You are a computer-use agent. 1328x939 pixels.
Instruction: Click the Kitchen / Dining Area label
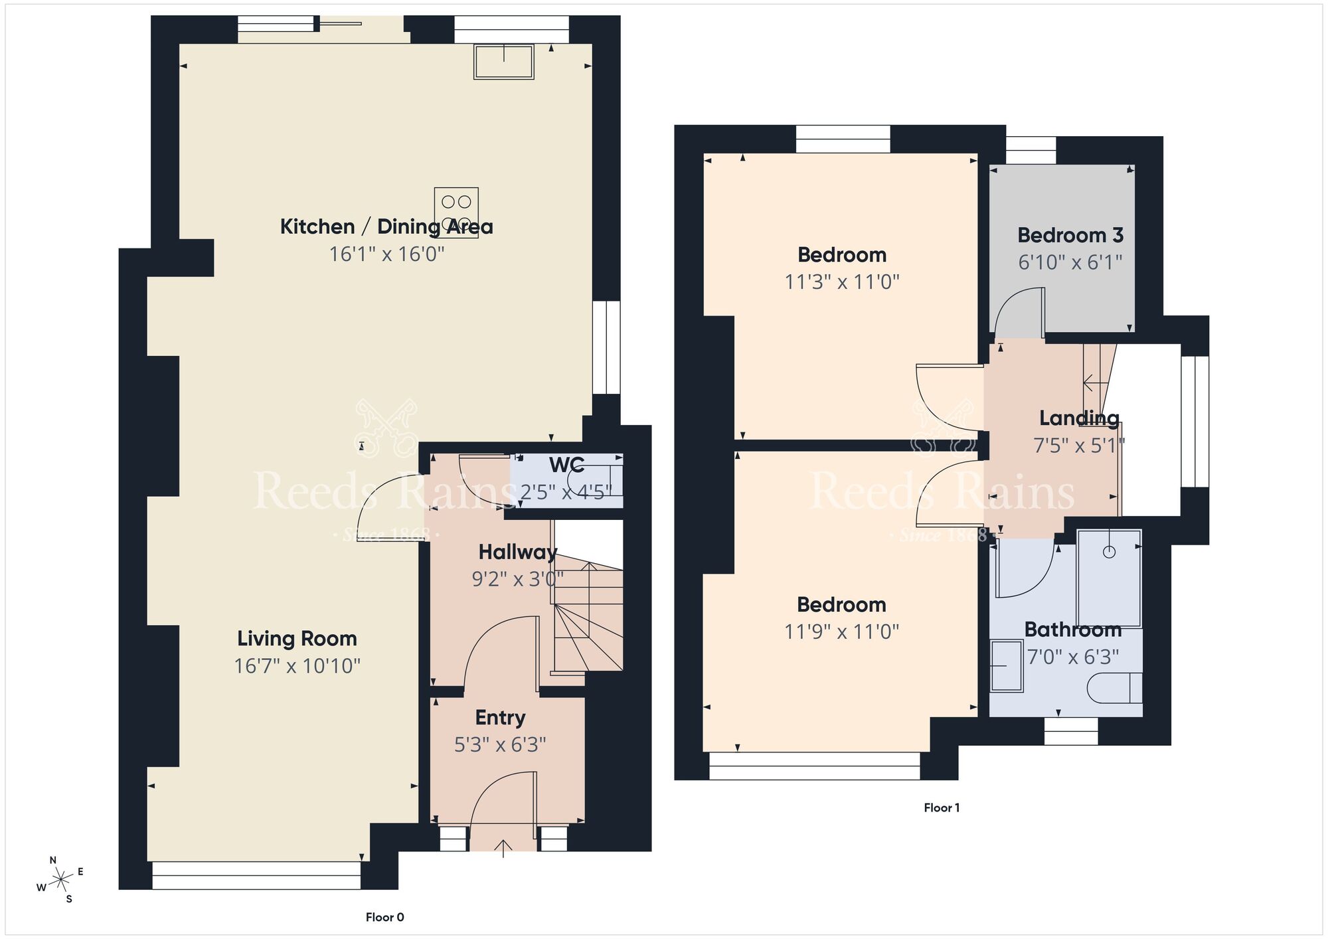click(386, 226)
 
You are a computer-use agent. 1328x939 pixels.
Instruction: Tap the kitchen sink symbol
click(503, 61)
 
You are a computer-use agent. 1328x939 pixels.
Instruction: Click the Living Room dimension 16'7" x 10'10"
click(297, 666)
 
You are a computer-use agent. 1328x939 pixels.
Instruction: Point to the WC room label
click(566, 465)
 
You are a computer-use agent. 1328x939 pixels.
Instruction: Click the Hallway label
click(517, 552)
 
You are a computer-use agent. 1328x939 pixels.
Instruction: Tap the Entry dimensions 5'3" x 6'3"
click(500, 745)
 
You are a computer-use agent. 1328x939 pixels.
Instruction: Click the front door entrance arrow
click(503, 847)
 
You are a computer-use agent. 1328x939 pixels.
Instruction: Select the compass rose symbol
click(61, 880)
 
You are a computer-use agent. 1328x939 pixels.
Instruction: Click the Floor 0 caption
click(384, 917)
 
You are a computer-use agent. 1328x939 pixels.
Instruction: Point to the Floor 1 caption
click(942, 808)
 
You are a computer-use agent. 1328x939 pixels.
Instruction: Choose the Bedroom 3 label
click(1070, 235)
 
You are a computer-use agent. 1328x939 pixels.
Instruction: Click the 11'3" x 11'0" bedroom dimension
click(841, 282)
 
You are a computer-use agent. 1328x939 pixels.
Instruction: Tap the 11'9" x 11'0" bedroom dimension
click(841, 632)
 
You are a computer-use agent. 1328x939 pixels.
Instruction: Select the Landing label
click(1079, 418)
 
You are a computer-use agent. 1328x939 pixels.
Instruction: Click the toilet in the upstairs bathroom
click(1114, 688)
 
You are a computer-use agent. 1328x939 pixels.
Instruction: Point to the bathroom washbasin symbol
click(1006, 665)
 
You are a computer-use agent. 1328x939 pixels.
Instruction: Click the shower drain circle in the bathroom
click(1109, 552)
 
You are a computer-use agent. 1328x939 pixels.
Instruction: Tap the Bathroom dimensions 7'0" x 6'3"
click(1072, 657)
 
